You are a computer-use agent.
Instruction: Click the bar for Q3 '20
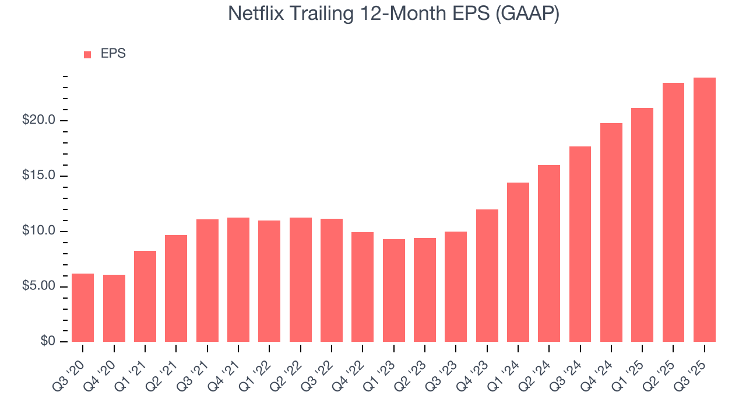tap(83, 307)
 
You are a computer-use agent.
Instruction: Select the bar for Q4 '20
tap(114, 308)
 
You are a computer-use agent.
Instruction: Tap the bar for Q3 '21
tap(207, 281)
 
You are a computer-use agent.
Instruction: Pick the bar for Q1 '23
tap(394, 290)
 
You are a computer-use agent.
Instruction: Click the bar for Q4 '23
tap(487, 275)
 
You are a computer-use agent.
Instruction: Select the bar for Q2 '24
tap(549, 253)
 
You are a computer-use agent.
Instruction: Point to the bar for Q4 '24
tap(611, 232)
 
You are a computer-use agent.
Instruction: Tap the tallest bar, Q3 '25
tap(705, 209)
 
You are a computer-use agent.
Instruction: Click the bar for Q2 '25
tap(673, 212)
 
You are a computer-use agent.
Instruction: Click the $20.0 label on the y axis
tap(38, 121)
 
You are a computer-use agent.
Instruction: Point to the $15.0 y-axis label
tap(38, 176)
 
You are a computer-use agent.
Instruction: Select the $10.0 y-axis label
tap(38, 232)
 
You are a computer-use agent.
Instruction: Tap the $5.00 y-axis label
tap(38, 286)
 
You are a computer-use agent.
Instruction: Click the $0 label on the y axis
tap(48, 342)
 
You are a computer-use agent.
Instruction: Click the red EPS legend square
tap(87, 54)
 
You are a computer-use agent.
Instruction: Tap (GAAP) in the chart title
tap(527, 14)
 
